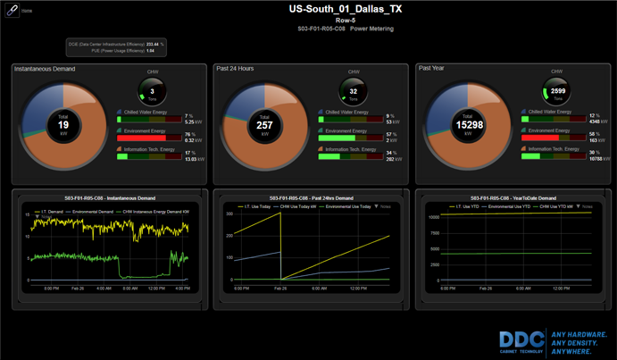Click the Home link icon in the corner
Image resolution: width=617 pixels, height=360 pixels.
coord(12,11)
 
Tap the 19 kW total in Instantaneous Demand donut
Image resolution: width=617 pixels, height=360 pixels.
coord(63,124)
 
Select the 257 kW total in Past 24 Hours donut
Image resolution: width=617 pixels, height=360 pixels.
coord(264,124)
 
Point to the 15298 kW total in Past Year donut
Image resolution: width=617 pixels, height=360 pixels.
coord(469,124)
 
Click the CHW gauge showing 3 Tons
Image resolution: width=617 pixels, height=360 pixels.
coord(153,91)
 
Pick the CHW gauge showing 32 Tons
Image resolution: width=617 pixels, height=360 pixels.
coord(354,91)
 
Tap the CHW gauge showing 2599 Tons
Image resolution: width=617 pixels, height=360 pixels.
coord(556,91)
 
